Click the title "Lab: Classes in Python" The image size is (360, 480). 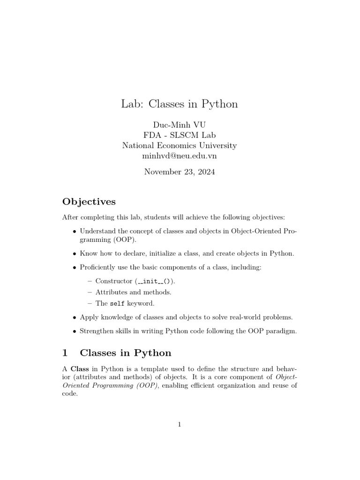pyautogui.click(x=180, y=104)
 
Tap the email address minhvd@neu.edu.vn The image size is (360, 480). pyautogui.click(x=180, y=156)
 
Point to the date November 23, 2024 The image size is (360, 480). pyautogui.click(x=180, y=172)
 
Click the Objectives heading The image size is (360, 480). pyautogui.click(x=89, y=202)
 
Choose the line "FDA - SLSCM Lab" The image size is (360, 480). pyautogui.click(x=180, y=135)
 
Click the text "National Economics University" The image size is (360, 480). pyautogui.click(x=180, y=145)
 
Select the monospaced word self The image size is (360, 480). pyautogui.click(x=117, y=304)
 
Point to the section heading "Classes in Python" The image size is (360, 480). pyautogui.click(x=126, y=352)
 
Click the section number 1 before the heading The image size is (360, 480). pyautogui.click(x=66, y=352)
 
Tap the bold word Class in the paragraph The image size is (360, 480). pyautogui.click(x=80, y=368)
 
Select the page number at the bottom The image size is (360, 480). pyautogui.click(x=180, y=425)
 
